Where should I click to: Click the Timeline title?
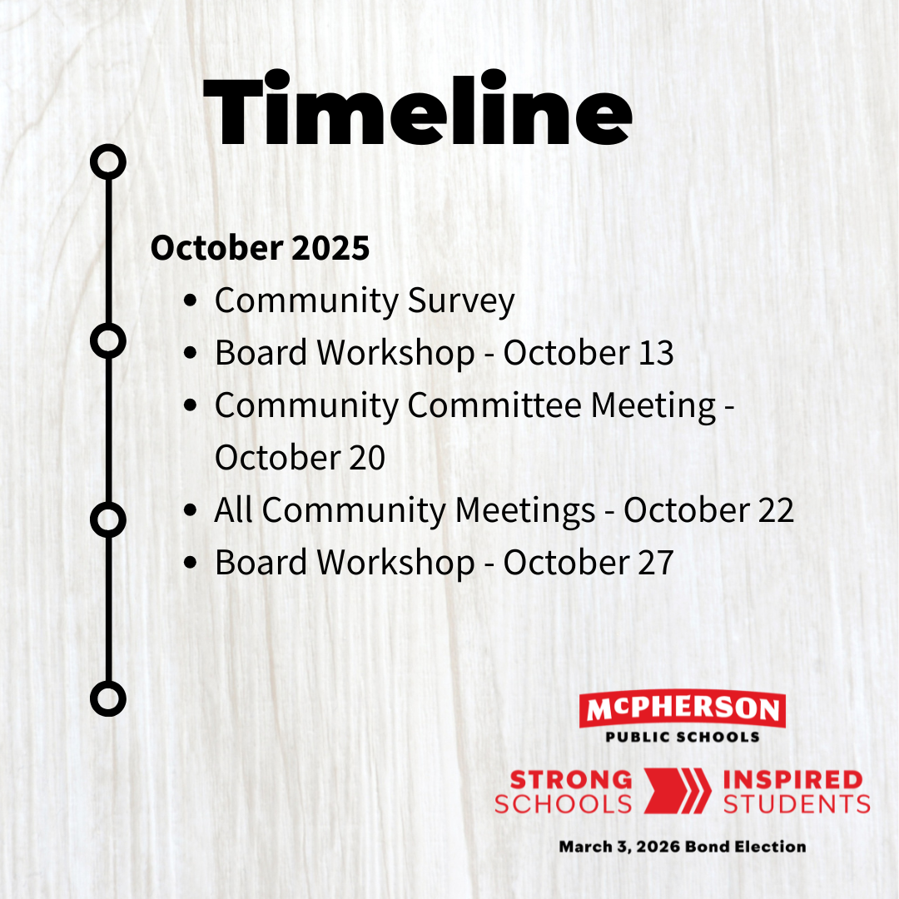tap(417, 109)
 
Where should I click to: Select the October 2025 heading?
tap(260, 248)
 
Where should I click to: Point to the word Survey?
tap(461, 301)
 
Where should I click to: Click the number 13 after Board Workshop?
tap(656, 352)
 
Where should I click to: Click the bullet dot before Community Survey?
tap(190, 300)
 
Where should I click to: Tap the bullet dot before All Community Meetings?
tap(190, 509)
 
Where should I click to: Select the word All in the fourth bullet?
tap(233, 509)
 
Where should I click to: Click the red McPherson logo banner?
tap(683, 708)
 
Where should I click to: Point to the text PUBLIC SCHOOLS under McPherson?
tap(683, 737)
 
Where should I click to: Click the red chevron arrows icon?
tap(677, 791)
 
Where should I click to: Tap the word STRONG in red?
tap(571, 780)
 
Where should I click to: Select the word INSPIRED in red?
tap(793, 780)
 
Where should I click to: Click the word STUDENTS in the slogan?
tap(797, 804)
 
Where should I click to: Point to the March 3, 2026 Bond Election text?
tap(683, 847)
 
